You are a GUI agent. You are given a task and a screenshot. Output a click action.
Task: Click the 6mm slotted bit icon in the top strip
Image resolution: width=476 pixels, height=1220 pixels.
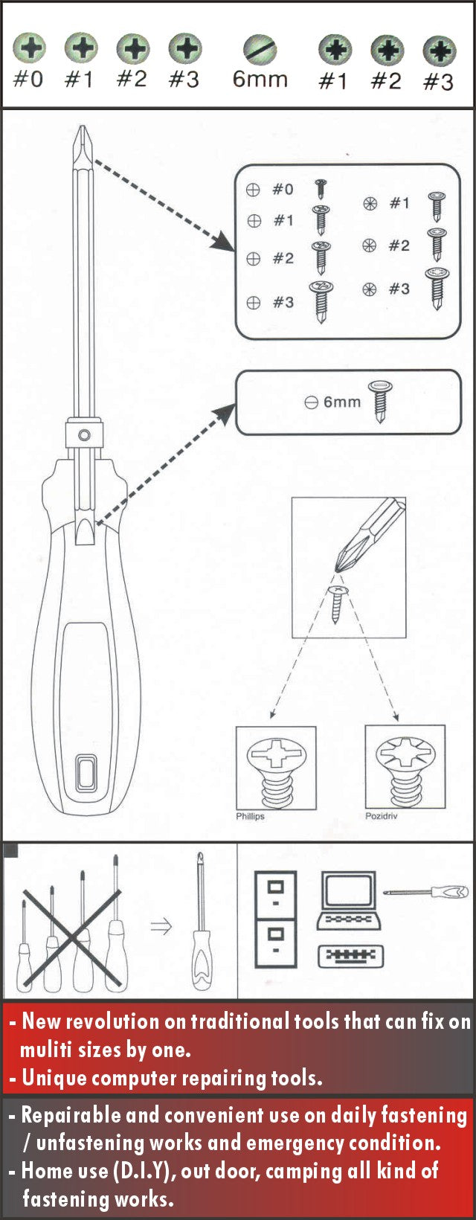(x=260, y=50)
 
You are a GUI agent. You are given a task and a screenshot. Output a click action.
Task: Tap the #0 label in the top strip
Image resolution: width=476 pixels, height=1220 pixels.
(x=28, y=79)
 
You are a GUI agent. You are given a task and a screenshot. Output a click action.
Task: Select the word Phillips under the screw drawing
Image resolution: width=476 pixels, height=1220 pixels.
(x=250, y=816)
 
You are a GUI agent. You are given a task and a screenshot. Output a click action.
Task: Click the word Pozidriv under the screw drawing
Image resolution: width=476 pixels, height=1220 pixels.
(x=382, y=816)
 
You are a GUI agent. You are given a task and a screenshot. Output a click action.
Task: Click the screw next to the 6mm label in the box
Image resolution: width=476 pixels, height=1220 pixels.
(x=380, y=400)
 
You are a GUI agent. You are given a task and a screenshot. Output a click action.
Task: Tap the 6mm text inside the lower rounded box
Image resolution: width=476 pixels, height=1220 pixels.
(x=342, y=402)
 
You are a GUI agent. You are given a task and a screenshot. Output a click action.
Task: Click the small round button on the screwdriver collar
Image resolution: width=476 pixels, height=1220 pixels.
(x=85, y=434)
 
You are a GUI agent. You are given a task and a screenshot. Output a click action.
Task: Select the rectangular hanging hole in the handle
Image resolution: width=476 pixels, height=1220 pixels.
(x=86, y=772)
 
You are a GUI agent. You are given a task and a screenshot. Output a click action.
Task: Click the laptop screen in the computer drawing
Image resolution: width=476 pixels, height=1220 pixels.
(x=348, y=892)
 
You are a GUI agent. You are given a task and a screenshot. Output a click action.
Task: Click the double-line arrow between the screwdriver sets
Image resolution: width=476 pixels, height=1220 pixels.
(x=161, y=926)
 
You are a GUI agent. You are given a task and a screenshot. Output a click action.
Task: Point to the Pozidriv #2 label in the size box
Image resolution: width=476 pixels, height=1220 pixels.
(x=399, y=245)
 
